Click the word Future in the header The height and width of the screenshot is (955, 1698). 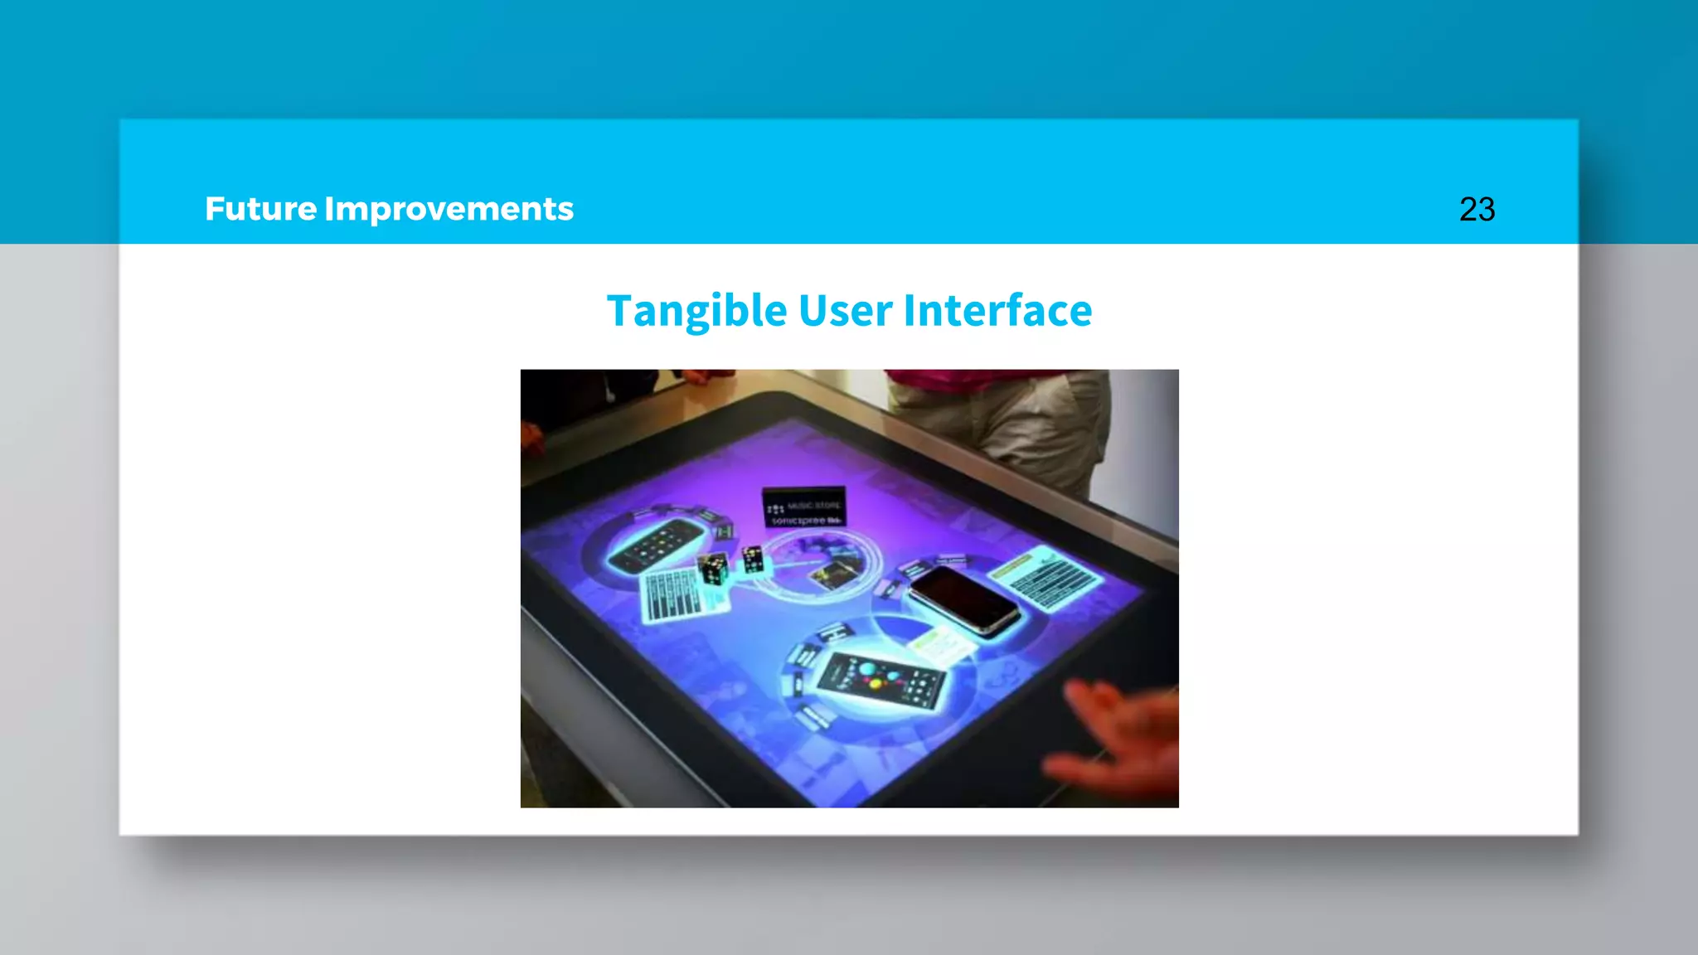point(260,209)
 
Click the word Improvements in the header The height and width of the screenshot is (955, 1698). point(449,209)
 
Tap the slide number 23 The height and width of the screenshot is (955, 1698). point(1477,209)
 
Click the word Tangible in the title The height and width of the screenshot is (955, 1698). point(696,311)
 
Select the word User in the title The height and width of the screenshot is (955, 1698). point(846,311)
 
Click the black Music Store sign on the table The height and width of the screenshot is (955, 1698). point(803,507)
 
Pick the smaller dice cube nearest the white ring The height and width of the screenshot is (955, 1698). point(753,559)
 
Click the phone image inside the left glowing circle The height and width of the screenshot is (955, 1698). point(655,545)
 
